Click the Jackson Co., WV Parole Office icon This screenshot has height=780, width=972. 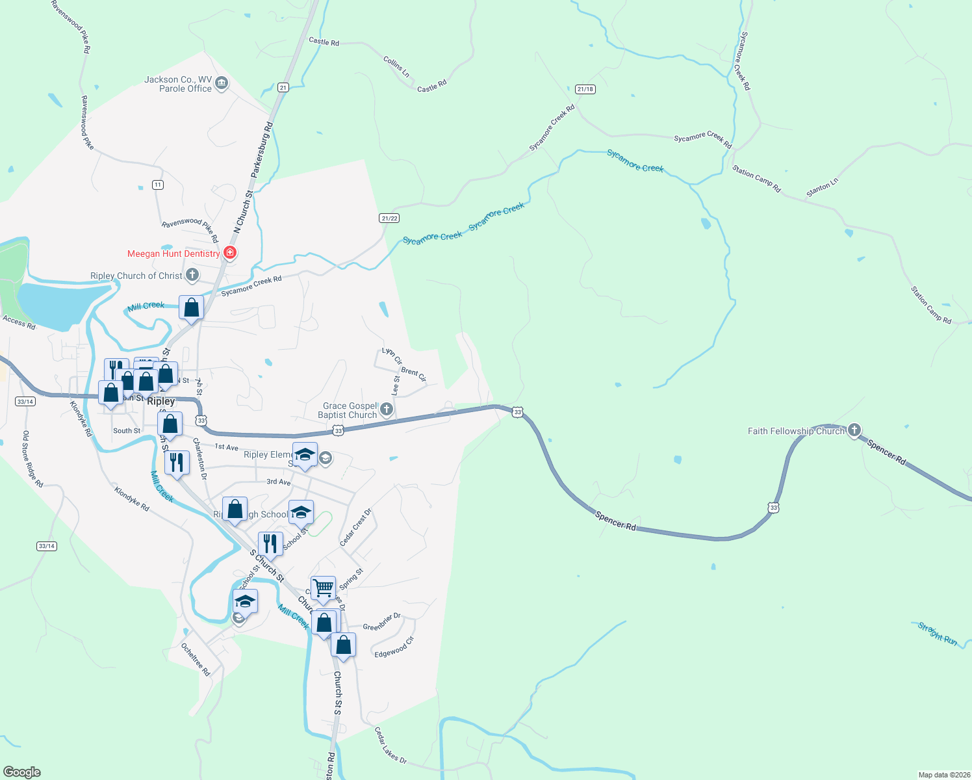222,83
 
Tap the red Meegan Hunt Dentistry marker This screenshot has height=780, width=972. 229,253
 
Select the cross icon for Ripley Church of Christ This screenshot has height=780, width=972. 192,275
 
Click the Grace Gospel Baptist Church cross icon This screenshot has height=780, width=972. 387,409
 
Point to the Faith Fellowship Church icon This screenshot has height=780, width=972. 854,430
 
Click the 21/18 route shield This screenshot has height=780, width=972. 585,89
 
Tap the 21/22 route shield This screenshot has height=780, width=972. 389,218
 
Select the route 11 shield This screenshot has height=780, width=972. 158,185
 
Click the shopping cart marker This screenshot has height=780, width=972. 323,588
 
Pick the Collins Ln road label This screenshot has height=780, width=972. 396,66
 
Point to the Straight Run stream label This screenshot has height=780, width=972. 937,634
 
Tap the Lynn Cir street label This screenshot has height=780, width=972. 392,356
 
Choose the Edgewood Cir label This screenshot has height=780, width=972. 394,647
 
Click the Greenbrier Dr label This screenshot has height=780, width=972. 381,622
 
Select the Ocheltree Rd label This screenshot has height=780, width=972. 196,660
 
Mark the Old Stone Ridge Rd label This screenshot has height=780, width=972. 32,459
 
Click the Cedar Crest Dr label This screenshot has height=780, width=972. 355,527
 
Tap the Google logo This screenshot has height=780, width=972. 22,772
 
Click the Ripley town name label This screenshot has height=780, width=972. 160,401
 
